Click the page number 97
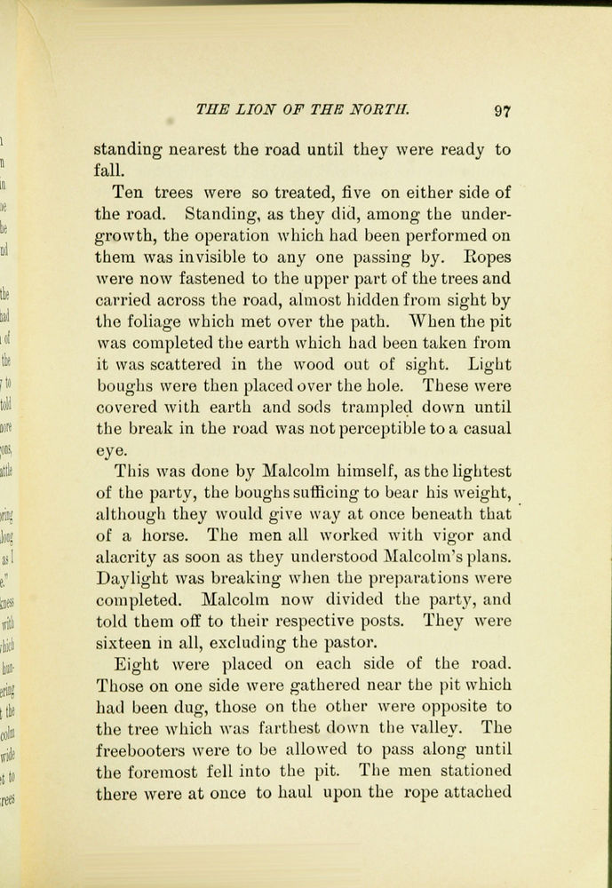(x=503, y=111)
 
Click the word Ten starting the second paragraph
(x=130, y=192)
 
